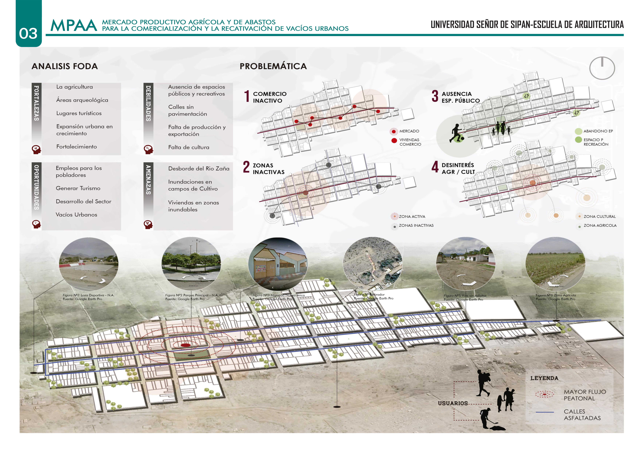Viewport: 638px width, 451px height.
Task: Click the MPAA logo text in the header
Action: click(74, 26)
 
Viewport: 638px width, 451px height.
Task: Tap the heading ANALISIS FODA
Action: click(65, 66)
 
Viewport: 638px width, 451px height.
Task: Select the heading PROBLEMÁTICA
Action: click(273, 66)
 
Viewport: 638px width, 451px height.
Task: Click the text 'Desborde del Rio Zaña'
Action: click(199, 169)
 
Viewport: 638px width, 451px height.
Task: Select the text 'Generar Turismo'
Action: click(78, 188)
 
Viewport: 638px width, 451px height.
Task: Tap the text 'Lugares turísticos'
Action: click(79, 113)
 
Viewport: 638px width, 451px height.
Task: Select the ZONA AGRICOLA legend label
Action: click(600, 225)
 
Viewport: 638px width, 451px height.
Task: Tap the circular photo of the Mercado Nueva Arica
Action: click(278, 264)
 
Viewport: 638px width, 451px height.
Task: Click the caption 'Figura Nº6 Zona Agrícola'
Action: click(556, 295)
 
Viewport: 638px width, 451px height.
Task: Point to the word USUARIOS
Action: click(453, 403)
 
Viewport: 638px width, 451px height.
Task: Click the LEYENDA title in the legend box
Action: click(544, 378)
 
